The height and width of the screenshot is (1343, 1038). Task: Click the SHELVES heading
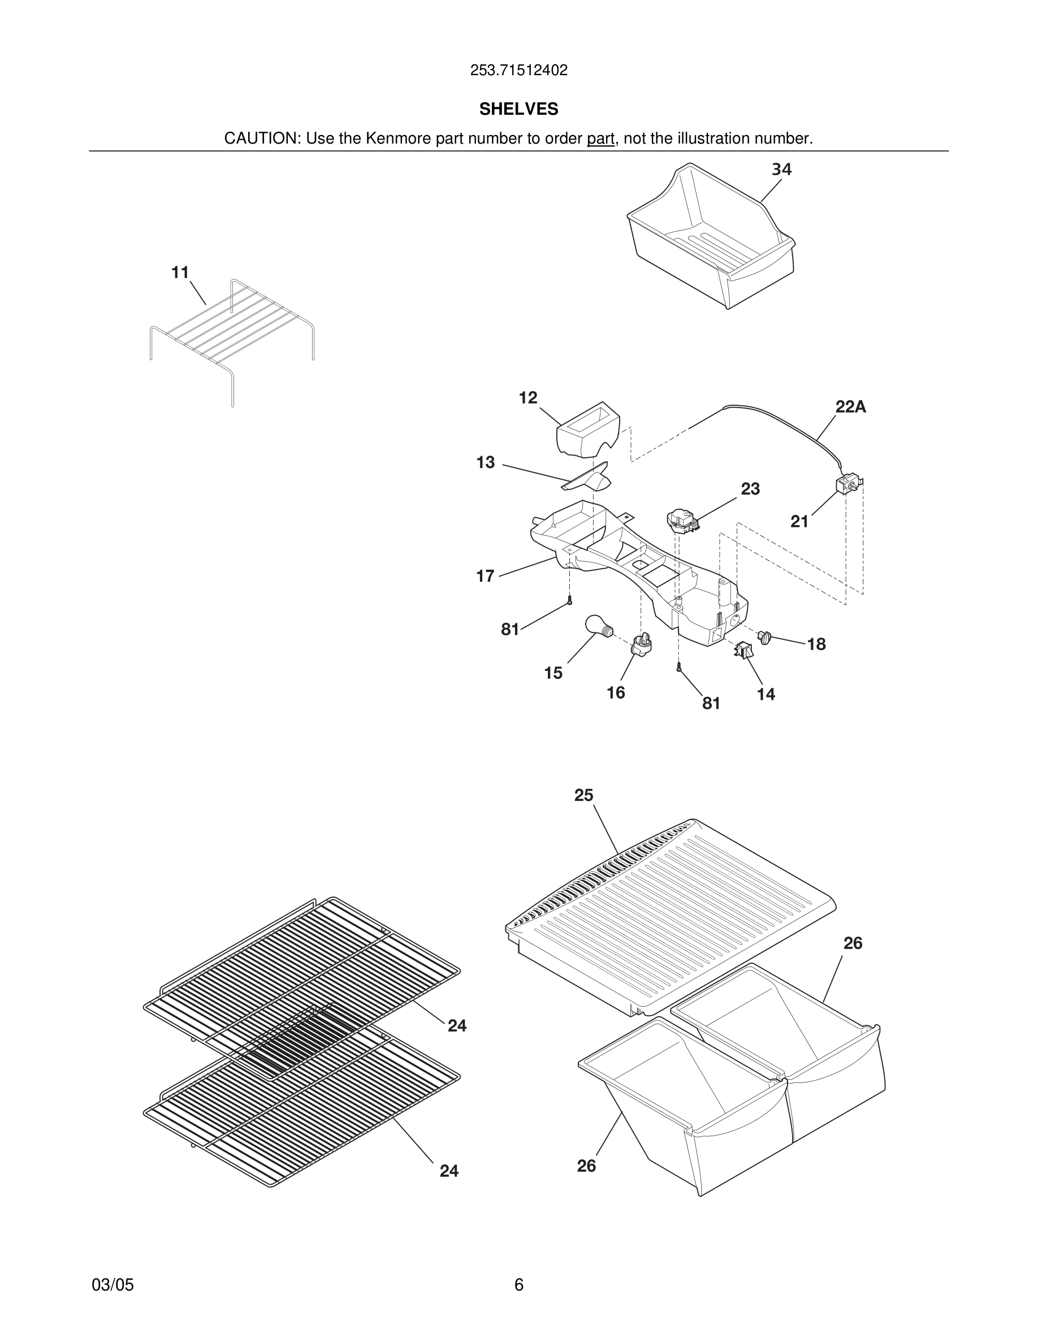(518, 109)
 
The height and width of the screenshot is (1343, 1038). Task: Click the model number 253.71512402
(518, 70)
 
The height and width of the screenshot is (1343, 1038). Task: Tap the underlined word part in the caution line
(600, 138)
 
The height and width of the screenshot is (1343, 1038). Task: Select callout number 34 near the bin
(781, 169)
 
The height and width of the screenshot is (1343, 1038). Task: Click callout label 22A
(850, 406)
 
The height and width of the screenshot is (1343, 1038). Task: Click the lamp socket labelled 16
(641, 644)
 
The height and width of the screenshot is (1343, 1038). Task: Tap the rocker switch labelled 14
(743, 649)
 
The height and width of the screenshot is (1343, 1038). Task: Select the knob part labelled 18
(764, 637)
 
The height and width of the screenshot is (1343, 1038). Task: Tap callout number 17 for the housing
(485, 576)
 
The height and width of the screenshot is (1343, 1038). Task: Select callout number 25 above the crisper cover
(583, 795)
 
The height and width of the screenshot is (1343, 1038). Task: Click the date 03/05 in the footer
(113, 1285)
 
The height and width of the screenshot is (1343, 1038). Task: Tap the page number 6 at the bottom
(518, 1285)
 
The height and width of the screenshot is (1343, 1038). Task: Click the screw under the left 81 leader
(570, 600)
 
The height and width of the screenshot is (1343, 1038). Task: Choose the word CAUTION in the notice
(261, 138)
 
